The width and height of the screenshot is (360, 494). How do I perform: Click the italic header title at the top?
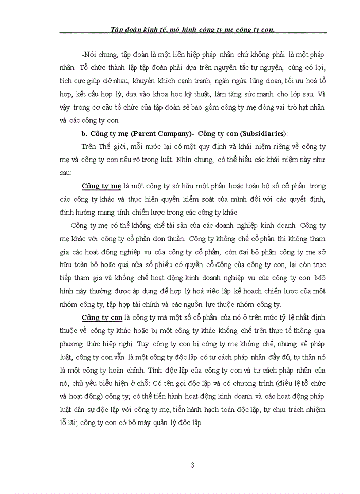pyautogui.click(x=193, y=29)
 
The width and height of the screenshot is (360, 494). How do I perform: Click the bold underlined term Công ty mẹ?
pyautogui.click(x=101, y=186)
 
